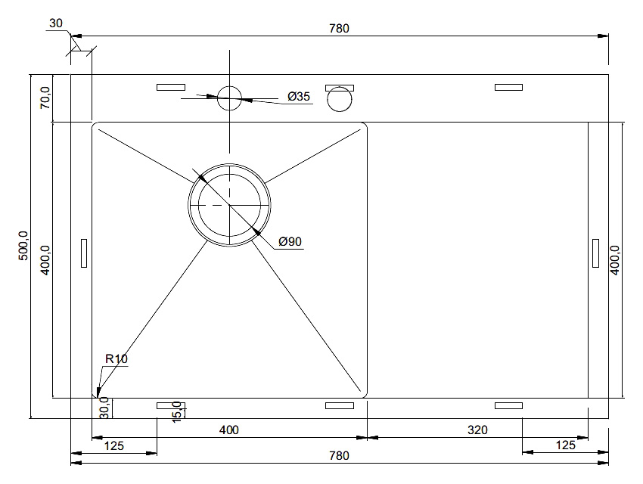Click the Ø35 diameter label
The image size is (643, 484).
(299, 96)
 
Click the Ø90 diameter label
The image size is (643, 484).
(290, 241)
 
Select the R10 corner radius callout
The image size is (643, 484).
(116, 359)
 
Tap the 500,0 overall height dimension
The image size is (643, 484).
(23, 246)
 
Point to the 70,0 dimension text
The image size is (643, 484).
(45, 98)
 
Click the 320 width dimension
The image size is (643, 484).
(477, 430)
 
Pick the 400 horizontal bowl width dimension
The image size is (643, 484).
(228, 430)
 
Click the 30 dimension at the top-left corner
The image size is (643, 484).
(56, 23)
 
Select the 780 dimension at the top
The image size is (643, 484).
(339, 28)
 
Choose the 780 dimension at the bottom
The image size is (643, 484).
(339, 456)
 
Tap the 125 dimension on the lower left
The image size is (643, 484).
(114, 445)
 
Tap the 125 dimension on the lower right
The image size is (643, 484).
(566, 445)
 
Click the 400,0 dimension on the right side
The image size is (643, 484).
(615, 260)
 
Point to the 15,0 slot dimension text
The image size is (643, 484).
(177, 412)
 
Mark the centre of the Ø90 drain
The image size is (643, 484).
(229, 205)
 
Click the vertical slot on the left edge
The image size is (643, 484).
(84, 253)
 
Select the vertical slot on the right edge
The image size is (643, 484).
(596, 253)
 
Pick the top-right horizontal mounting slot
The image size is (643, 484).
(508, 87)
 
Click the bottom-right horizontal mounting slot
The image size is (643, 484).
(508, 405)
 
